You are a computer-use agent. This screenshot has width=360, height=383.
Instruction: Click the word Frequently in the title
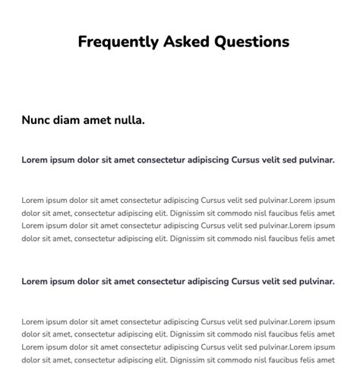[118, 42]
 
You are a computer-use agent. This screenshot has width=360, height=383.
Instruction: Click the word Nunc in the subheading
[36, 120]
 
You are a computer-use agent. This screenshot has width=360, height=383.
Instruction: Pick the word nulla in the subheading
[128, 120]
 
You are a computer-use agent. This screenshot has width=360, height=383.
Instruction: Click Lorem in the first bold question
[35, 160]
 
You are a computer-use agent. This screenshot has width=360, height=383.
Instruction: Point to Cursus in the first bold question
[245, 160]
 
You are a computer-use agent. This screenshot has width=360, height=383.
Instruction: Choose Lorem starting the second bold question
[35, 281]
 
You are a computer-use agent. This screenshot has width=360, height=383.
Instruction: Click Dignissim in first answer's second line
[188, 214]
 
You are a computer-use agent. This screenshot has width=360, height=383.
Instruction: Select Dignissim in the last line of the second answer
[188, 359]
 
